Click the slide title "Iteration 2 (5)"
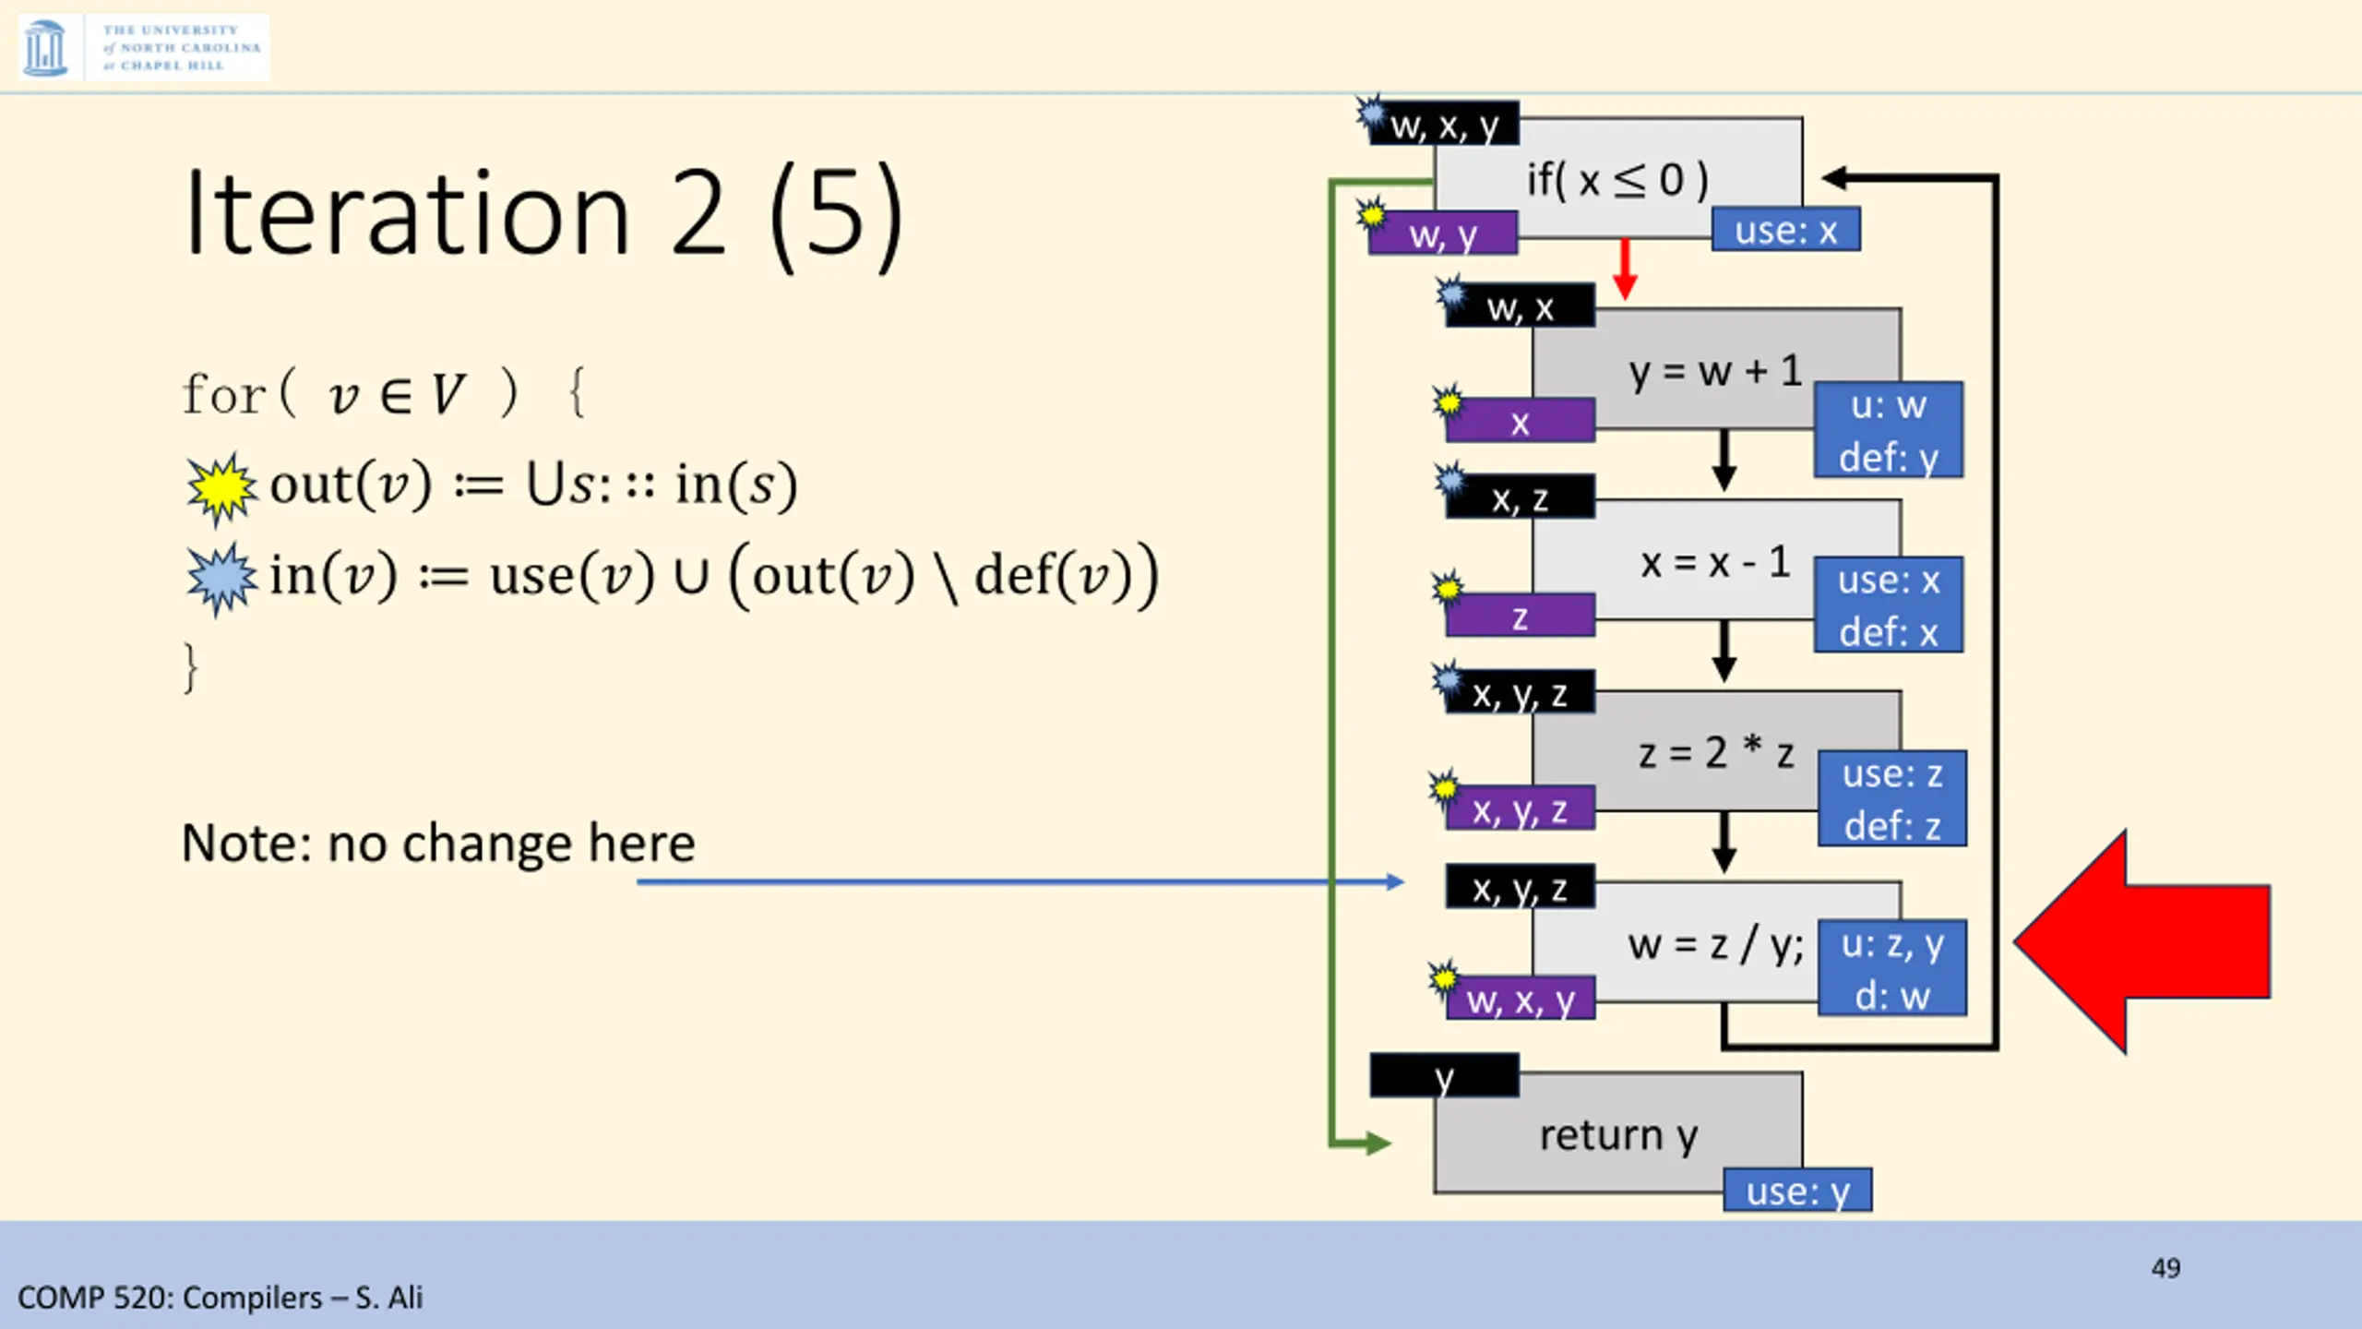pos(543,214)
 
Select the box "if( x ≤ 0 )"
pos(1616,179)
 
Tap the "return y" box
pos(1616,1135)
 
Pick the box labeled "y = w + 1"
pos(1714,371)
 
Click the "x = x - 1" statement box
pos(1714,561)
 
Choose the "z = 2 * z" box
pos(1714,753)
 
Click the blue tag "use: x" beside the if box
pos(1785,230)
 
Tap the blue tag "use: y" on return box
pos(1796,1191)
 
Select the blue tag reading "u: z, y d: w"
pos(1891,968)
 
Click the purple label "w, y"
pos(1443,234)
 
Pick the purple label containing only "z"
pos(1520,617)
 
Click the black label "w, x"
pos(1520,307)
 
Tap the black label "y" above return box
pos(1444,1076)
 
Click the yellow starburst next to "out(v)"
pos(221,487)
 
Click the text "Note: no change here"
pos(438,843)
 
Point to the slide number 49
pos(2165,1267)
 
